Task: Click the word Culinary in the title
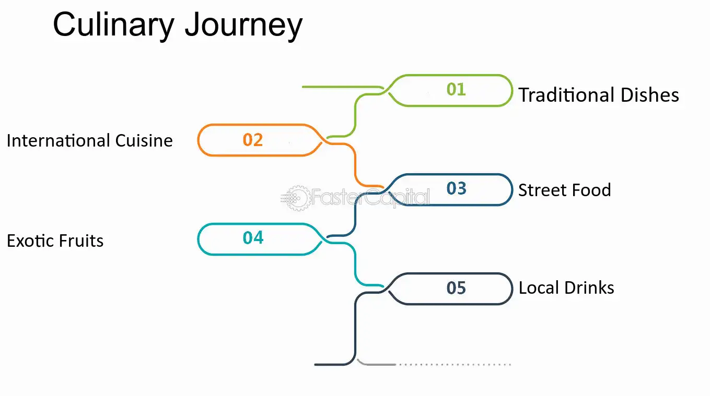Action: [x=114, y=26]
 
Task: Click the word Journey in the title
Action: [x=244, y=26]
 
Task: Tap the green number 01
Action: [x=456, y=89]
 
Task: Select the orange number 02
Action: [x=253, y=140]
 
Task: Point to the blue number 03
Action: [x=457, y=188]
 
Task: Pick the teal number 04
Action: [x=253, y=238]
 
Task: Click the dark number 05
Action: [x=456, y=288]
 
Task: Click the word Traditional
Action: [x=566, y=94]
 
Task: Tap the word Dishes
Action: [x=650, y=94]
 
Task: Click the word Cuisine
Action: [x=144, y=140]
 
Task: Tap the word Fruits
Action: [x=81, y=241]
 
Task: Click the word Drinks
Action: [x=589, y=288]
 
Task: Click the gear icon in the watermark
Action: [x=297, y=198]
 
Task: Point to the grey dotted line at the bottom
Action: [x=455, y=365]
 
